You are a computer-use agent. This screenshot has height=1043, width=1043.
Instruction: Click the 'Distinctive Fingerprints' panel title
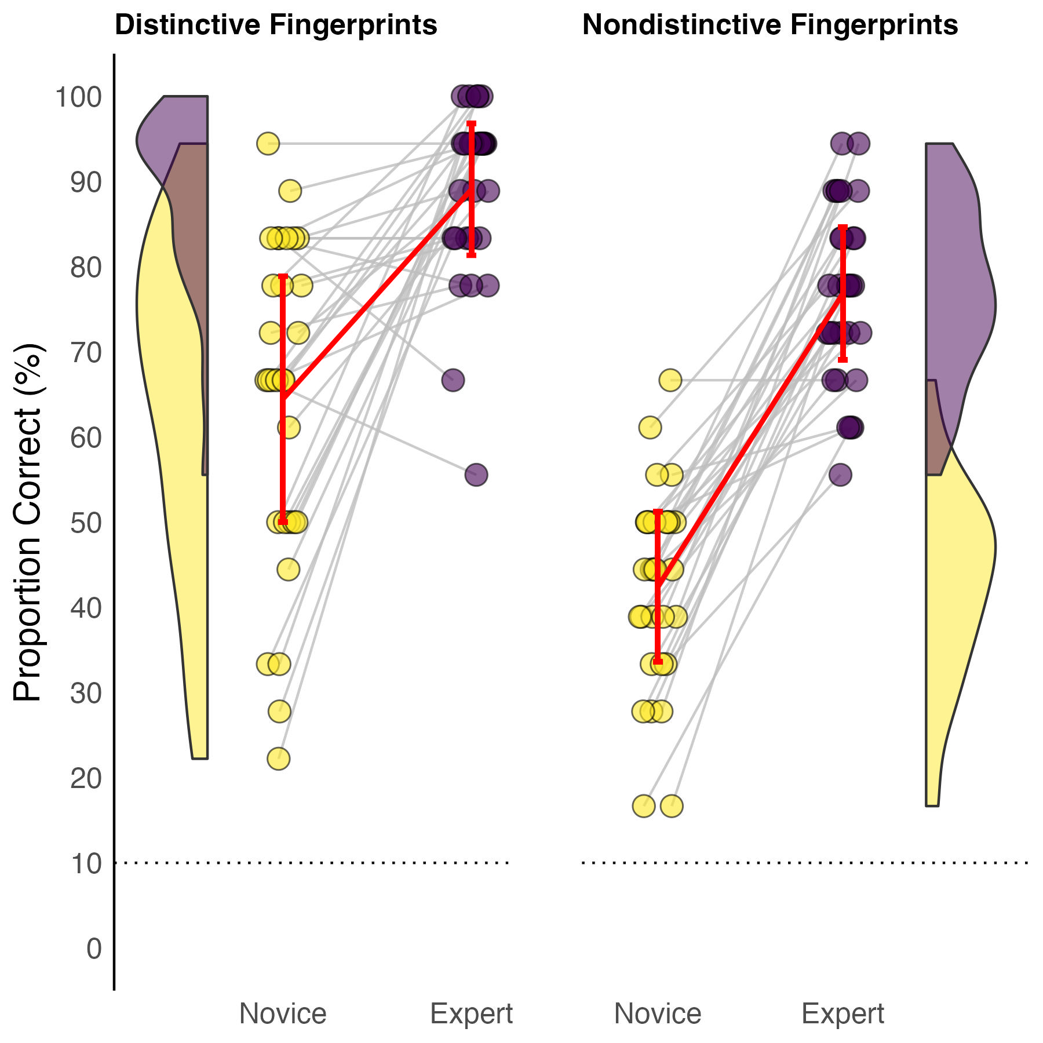(276, 25)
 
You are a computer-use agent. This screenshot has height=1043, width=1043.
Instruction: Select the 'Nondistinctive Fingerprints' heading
(770, 25)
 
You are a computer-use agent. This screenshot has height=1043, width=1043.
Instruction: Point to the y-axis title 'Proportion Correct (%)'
(27, 521)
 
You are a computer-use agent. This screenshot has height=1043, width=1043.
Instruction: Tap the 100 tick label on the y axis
(78, 97)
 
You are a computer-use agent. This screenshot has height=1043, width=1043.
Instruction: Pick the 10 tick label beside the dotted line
(86, 864)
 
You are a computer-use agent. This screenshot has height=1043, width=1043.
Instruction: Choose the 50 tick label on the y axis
(86, 523)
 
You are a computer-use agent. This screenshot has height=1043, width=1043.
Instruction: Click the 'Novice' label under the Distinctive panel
(283, 1013)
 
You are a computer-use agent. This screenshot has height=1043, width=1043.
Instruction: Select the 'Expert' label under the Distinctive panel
(471, 1013)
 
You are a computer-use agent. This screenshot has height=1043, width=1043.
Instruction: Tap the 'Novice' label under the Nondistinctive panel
(658, 1013)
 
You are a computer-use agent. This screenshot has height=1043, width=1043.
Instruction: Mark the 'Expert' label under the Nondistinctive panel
(843, 1013)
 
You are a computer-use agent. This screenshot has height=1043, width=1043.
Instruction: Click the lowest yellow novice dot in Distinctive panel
(279, 758)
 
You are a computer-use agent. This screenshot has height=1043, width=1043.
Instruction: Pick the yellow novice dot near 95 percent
(268, 143)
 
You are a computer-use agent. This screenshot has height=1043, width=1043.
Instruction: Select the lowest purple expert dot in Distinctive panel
(476, 475)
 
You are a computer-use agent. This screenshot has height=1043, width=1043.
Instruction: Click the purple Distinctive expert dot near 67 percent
(453, 381)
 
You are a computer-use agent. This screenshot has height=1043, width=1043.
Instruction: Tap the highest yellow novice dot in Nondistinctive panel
(670, 381)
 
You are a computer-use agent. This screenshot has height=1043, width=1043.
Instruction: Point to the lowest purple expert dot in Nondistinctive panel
(840, 475)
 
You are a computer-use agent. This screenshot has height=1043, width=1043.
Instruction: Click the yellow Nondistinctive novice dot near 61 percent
(650, 428)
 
